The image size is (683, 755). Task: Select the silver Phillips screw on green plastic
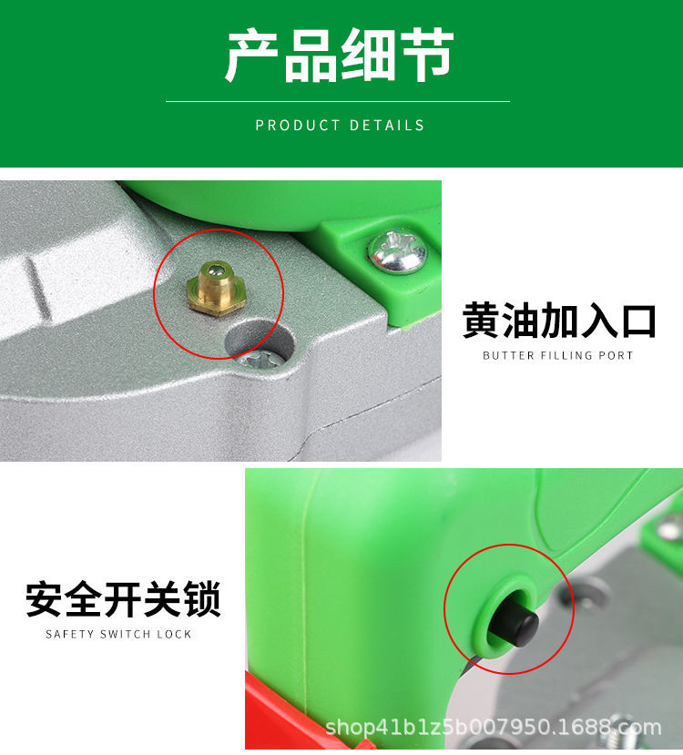(x=398, y=251)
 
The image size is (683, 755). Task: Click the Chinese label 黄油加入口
(x=558, y=321)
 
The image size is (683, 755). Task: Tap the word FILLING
(x=569, y=355)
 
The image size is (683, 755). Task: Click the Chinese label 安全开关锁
(x=123, y=600)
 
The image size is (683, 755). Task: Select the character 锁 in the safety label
(x=202, y=600)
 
